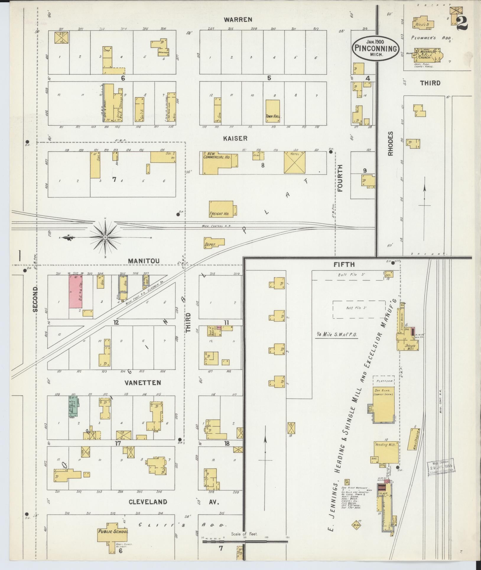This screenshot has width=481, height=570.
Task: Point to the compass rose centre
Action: (105, 237)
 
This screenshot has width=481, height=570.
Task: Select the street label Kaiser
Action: (235, 138)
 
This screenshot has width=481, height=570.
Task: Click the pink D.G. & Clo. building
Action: (75, 291)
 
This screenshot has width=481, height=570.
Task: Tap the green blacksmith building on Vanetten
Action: (73, 406)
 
